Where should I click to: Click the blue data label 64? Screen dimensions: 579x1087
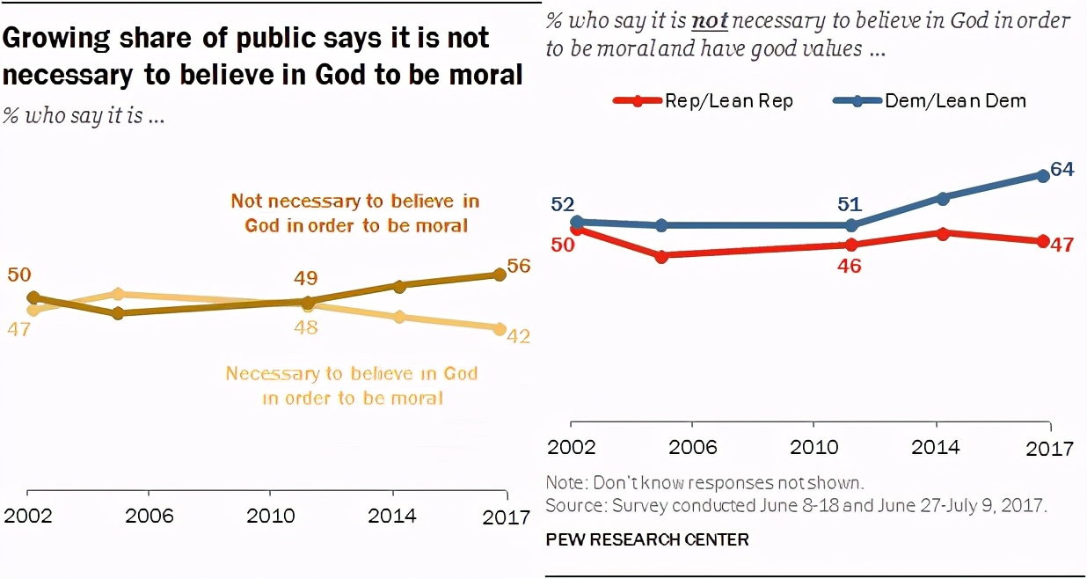pos(1062,169)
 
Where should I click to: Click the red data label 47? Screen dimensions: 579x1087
pos(1062,244)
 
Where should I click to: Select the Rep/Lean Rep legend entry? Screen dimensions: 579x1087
pos(704,100)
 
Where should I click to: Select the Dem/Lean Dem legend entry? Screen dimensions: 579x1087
pos(932,100)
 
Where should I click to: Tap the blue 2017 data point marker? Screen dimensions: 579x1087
pos(1043,175)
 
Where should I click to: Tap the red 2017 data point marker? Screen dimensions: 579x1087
pos(1043,241)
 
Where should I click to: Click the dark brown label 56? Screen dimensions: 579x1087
pos(519,267)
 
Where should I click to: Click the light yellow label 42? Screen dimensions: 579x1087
pos(519,336)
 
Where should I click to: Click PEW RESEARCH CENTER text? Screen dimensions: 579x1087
pos(647,539)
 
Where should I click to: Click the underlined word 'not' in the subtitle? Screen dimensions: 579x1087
pos(709,20)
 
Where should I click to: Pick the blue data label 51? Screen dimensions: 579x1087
pos(849,205)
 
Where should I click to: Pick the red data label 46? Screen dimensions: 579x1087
pos(849,265)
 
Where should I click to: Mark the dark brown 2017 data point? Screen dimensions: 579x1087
pos(500,275)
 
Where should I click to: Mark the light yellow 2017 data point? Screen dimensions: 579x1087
pos(500,328)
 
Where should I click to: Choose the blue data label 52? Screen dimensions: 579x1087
pos(563,204)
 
